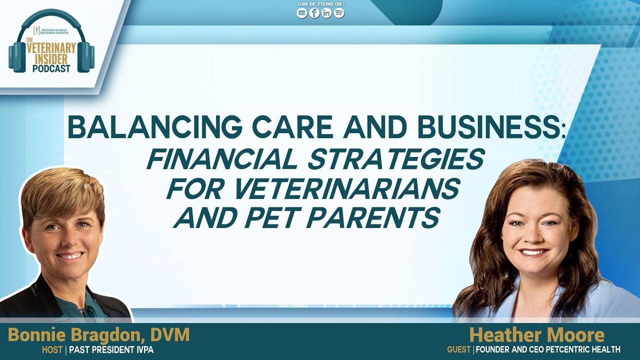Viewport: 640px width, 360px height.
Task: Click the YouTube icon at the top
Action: (x=302, y=13)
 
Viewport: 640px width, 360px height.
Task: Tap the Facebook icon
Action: (x=314, y=13)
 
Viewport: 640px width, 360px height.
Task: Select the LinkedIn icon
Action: (x=327, y=13)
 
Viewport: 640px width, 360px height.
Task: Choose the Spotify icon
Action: (x=339, y=13)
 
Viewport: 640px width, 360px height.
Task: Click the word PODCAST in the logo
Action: (x=51, y=69)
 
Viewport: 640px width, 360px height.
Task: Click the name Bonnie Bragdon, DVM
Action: (x=99, y=335)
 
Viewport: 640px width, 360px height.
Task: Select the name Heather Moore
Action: (x=536, y=335)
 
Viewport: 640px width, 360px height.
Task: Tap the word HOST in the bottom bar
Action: (x=52, y=350)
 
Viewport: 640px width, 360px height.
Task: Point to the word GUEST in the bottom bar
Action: (x=459, y=350)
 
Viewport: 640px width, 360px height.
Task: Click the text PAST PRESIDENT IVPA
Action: (x=111, y=350)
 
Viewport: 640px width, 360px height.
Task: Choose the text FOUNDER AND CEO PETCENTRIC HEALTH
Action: (x=548, y=350)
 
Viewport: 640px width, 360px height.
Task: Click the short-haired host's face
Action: (x=64, y=235)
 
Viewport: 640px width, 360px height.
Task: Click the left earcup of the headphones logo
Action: (x=16, y=56)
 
